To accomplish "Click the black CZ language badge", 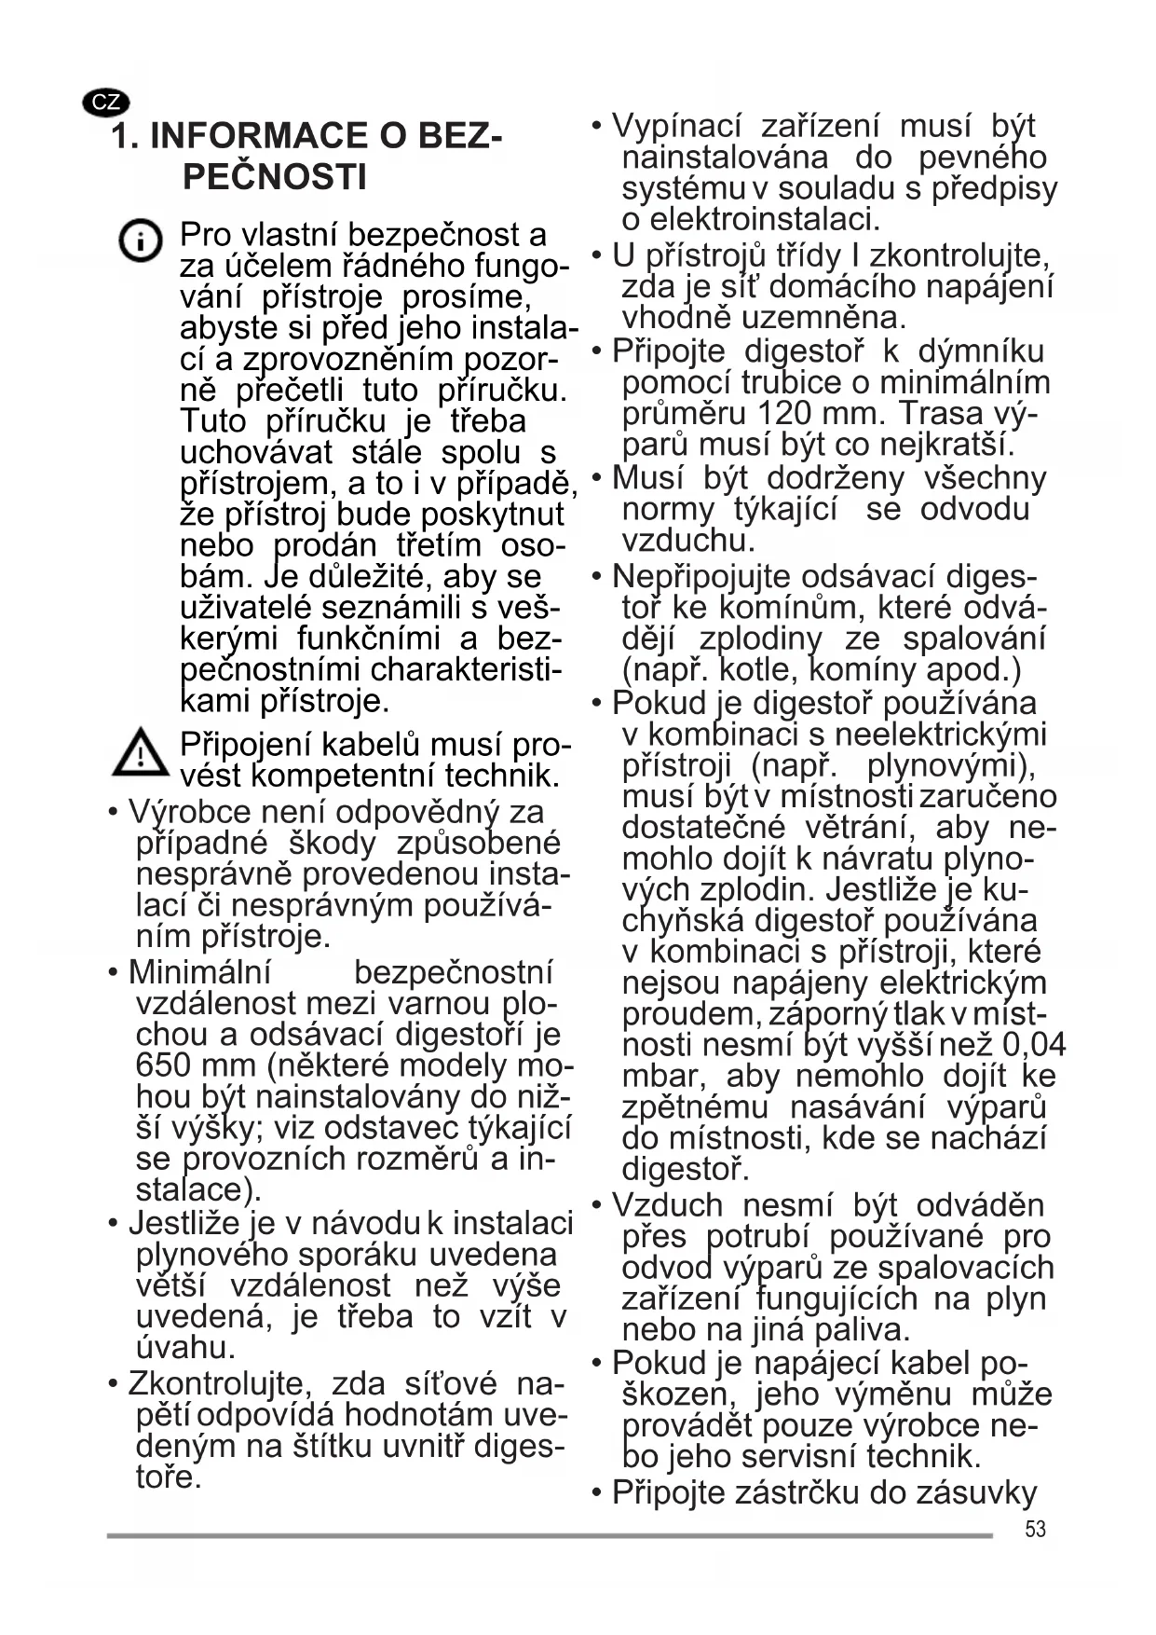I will (x=105, y=103).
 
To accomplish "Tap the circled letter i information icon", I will (x=140, y=241).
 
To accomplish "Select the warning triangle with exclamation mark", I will (x=140, y=753).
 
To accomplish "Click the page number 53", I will (x=1035, y=1529).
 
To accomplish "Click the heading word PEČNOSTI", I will (x=275, y=177).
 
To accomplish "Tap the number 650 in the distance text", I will (x=164, y=1065).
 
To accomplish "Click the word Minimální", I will (x=199, y=972).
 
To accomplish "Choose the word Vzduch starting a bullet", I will (x=667, y=1205).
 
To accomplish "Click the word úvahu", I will (x=185, y=1348).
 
